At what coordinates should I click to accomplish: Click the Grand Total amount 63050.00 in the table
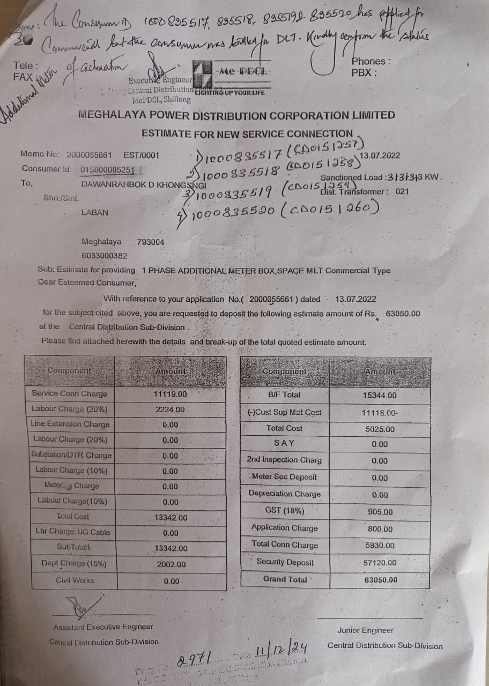tap(381, 579)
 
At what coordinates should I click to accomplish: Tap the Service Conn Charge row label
tap(69, 393)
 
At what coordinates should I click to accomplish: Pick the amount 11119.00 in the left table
tap(170, 393)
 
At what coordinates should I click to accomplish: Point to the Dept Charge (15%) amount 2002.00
tap(171, 564)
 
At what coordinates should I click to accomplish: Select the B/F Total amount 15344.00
tap(380, 395)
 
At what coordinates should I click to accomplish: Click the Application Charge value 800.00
tap(381, 528)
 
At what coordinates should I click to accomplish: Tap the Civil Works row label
tap(75, 580)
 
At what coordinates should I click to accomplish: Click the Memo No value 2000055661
tap(89, 155)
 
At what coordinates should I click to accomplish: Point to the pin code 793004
tap(151, 242)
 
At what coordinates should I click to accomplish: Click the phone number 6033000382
tap(105, 256)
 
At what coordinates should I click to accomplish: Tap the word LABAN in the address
tap(94, 212)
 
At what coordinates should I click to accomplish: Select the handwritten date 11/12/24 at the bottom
tap(281, 652)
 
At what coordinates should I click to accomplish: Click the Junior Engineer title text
tap(365, 630)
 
